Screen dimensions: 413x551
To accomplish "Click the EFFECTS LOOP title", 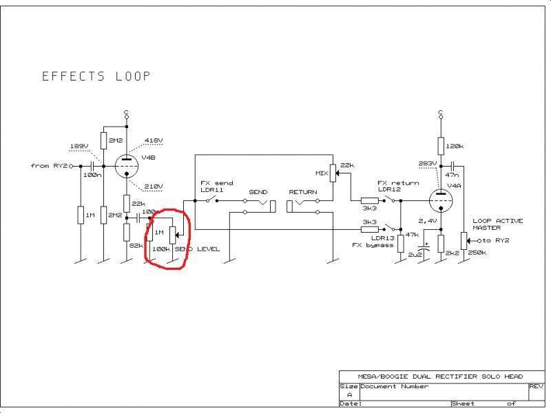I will [96, 76].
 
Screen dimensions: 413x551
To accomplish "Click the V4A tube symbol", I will [441, 201].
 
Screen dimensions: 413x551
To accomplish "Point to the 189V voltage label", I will [79, 147].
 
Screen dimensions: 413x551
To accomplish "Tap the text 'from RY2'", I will [49, 166].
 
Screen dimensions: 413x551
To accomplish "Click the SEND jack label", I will [258, 192].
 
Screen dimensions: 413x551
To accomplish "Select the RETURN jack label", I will [302, 192].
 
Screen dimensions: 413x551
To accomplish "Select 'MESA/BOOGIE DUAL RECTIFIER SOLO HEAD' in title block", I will [441, 377].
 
